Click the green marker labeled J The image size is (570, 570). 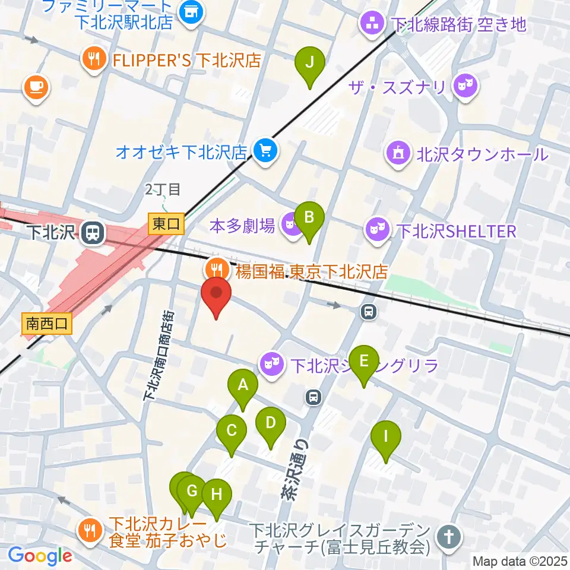pos(309,62)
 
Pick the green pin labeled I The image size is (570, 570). pos(386,437)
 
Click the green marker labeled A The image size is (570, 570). pos(242,385)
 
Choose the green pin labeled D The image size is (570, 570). pos(270,423)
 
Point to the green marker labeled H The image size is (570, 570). pos(216,494)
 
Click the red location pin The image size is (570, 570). pos(217,293)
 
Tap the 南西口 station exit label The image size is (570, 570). pos(47,324)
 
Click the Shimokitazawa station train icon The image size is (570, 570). pos(92,232)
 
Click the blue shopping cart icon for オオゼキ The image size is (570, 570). pos(264,151)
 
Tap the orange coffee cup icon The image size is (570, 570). pos(36,87)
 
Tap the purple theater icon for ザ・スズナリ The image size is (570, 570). pos(463,87)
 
